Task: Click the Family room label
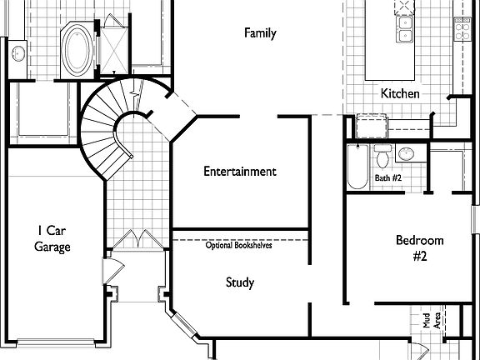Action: (260, 33)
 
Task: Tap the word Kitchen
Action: (400, 93)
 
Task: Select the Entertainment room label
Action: (240, 172)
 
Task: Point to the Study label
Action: (240, 282)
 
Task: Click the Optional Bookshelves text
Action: (239, 245)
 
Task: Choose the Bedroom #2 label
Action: (419, 248)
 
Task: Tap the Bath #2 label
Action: (388, 177)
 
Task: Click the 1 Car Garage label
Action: (52, 238)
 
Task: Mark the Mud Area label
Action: (431, 319)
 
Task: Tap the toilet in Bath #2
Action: (382, 155)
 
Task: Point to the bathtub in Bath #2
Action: (357, 167)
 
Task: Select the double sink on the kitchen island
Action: (406, 30)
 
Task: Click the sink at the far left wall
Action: (18, 53)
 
